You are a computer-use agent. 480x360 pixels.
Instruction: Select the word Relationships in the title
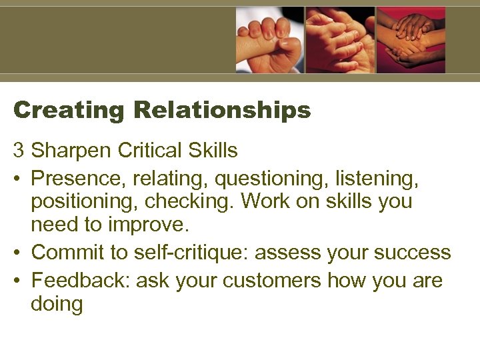tap(223, 110)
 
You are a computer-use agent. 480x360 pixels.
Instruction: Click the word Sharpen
tap(71, 151)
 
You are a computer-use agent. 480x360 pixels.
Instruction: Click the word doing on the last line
tap(57, 305)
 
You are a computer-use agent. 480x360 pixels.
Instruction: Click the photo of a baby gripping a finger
tap(269, 40)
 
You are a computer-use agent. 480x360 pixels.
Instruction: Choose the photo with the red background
tap(411, 40)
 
